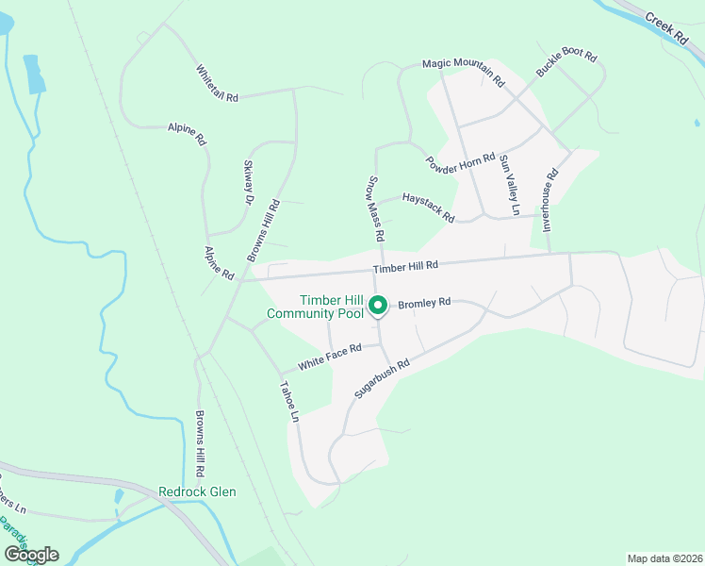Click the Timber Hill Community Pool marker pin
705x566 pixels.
coord(378,307)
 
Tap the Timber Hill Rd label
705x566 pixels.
coord(413,267)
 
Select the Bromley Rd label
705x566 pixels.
coord(424,304)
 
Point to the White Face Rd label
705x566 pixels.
coord(330,356)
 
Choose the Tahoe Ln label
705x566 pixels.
coord(290,401)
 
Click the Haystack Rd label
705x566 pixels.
coord(428,207)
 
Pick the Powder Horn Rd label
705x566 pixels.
coord(460,163)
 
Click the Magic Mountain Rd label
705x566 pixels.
coord(463,71)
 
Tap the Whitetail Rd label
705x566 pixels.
coord(218,83)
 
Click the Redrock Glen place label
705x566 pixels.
coord(197,491)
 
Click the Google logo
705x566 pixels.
coord(31,554)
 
